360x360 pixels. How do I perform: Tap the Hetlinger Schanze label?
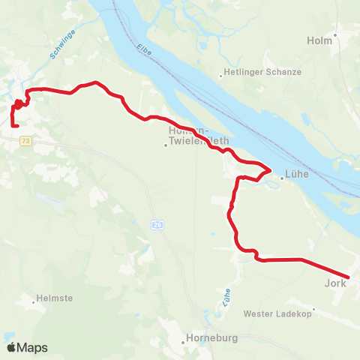click(x=261, y=72)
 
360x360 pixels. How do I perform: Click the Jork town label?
click(x=335, y=283)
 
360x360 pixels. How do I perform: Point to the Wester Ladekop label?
click(x=271, y=313)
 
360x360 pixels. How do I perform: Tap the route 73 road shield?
click(x=26, y=141)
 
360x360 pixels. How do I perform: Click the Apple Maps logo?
click(x=28, y=347)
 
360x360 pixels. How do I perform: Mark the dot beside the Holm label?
click(x=336, y=34)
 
